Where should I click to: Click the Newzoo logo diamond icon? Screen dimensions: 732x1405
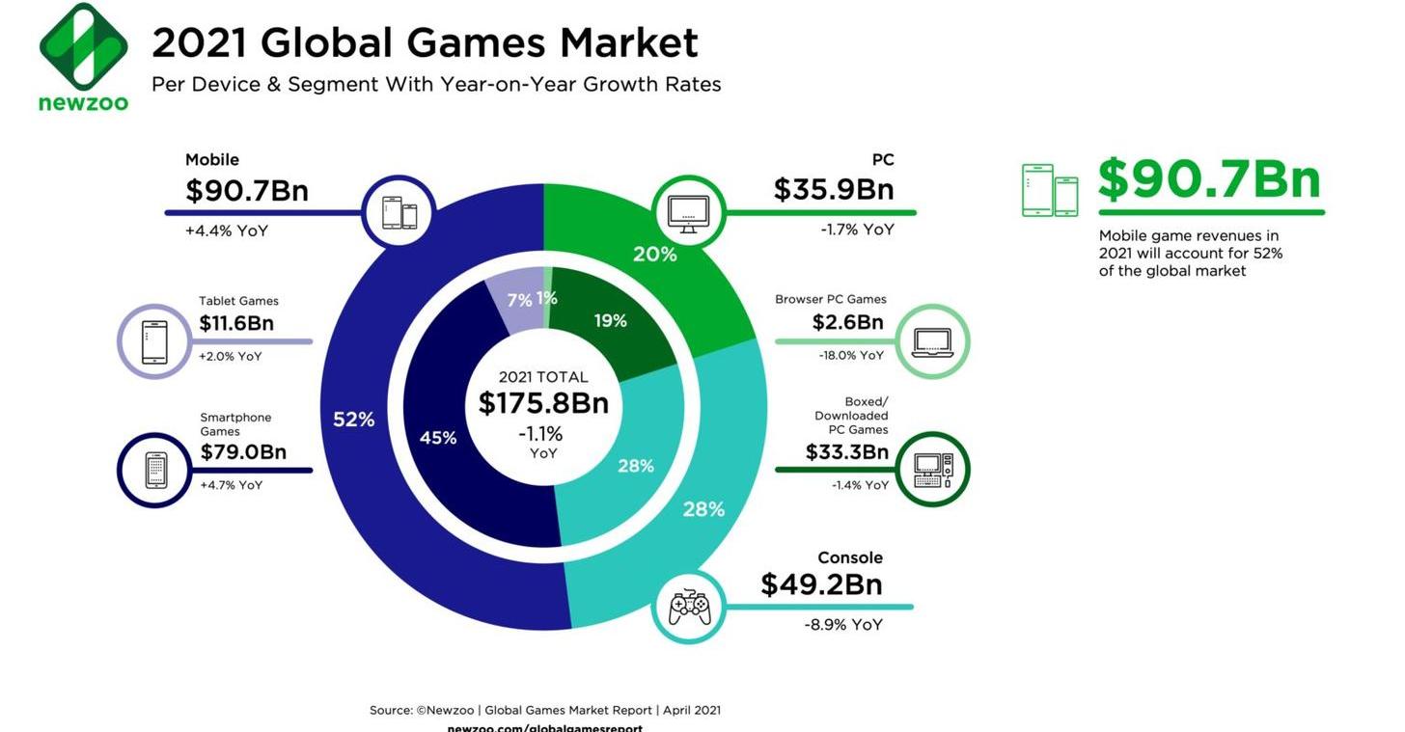pos(83,46)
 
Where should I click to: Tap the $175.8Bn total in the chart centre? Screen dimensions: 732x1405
pos(543,403)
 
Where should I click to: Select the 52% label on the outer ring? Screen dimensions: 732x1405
pos(353,420)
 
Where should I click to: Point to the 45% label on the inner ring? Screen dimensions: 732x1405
pos(438,438)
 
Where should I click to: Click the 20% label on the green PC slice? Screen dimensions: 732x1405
pos(654,255)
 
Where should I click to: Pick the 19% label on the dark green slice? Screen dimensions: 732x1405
pos(610,321)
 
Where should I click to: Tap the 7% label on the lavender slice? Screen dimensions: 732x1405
pos(519,301)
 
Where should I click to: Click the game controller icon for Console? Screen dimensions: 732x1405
pos(689,607)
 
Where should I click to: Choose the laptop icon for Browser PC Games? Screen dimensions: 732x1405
pos(931,341)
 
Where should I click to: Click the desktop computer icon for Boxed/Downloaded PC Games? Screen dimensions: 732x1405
pos(932,470)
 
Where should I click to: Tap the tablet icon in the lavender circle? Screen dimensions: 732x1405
pos(154,342)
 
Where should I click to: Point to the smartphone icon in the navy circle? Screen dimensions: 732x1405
pos(155,471)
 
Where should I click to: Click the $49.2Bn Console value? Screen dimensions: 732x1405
pos(821,585)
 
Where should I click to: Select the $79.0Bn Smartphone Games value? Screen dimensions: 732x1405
pos(243,452)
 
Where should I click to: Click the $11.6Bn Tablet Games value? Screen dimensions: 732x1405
pos(236,324)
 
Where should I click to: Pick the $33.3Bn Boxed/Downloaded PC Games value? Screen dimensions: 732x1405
pos(846,452)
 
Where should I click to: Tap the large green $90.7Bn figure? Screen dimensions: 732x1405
pos(1209,179)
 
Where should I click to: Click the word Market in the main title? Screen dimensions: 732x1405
pos(628,43)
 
